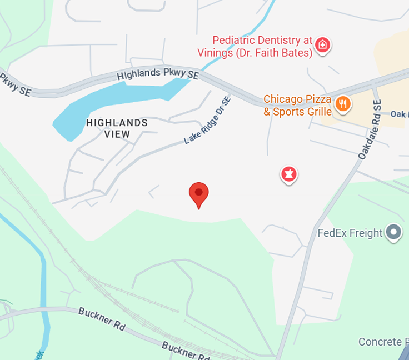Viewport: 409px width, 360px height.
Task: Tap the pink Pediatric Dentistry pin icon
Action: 322,45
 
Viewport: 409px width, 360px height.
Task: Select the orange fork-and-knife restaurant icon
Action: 343,103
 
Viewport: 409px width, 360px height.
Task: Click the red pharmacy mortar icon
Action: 288,174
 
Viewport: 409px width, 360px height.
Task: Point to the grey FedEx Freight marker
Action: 394,232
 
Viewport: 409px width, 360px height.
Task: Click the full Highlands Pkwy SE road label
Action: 157,73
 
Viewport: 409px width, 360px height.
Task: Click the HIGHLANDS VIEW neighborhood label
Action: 117,128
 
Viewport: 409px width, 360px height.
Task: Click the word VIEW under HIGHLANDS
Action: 117,134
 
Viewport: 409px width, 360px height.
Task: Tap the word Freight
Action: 367,233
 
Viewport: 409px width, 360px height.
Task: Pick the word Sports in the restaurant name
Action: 288,112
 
